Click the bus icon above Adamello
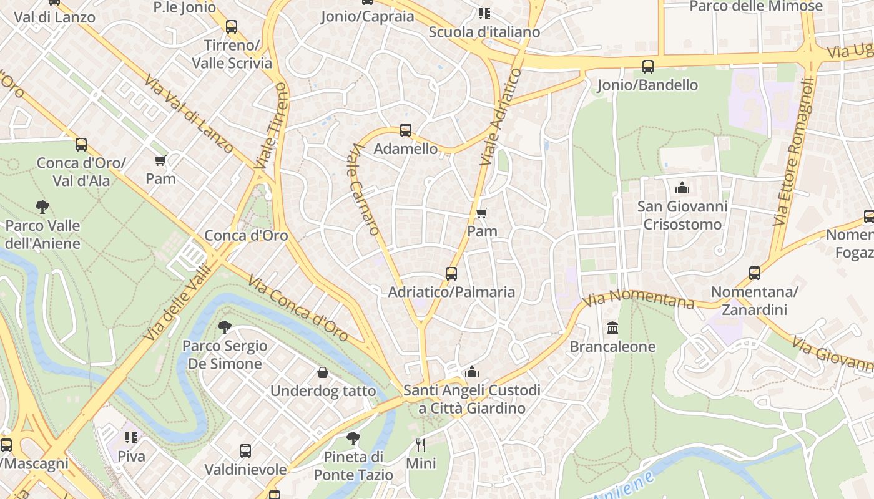point(405,130)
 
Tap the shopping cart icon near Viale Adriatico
point(481,213)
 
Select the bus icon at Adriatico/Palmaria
point(451,273)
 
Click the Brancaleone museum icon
point(612,328)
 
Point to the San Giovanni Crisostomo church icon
point(682,187)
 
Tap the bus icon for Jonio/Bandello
point(647,66)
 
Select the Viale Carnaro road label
point(366,190)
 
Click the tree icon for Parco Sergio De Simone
point(224,327)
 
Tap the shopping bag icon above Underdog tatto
point(323,372)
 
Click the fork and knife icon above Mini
point(421,445)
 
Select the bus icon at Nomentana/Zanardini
point(754,273)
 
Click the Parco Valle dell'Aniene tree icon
point(42,207)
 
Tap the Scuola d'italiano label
point(484,32)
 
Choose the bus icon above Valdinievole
point(245,450)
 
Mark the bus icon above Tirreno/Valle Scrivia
point(232,27)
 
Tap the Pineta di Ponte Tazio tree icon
point(353,438)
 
